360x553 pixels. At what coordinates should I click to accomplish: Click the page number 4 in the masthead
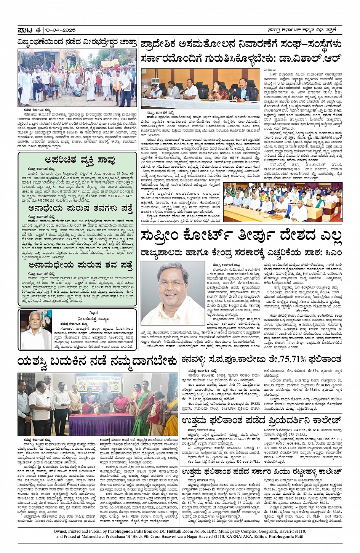tap(38, 30)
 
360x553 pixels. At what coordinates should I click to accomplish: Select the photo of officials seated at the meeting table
tap(200, 89)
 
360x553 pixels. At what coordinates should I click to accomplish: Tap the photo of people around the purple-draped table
tap(98, 404)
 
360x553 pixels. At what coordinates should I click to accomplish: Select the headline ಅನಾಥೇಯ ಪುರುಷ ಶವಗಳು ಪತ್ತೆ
tap(80, 208)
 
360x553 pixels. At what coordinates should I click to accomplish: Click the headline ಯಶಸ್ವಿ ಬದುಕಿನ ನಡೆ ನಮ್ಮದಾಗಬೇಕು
tap(97, 361)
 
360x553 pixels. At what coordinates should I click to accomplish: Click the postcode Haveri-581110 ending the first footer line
tap(289, 531)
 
